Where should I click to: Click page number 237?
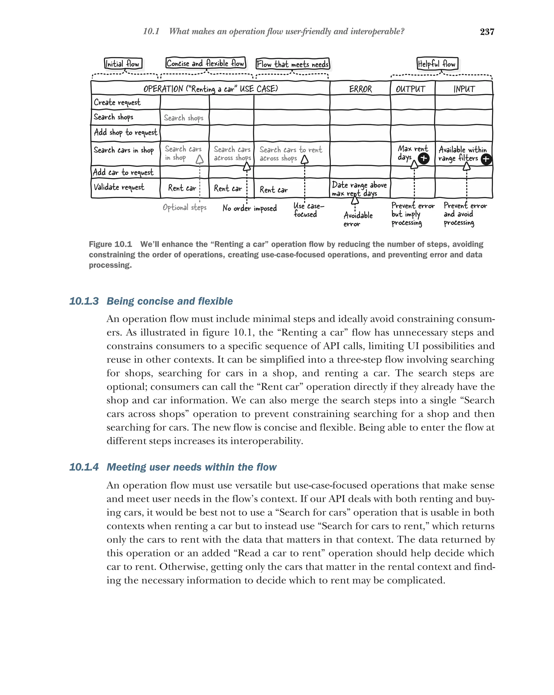pos(487,32)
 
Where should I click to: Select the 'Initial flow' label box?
pos(123,64)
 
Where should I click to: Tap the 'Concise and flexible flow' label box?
pos(205,63)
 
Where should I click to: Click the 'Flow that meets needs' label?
pos(293,64)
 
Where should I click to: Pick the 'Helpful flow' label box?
pos(437,64)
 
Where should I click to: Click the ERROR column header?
pos(360,89)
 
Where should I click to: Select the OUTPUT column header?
pos(410,89)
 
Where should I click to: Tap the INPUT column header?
pos(464,89)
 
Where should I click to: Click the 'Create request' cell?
pos(117,103)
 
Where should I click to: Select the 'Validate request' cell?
pos(119,187)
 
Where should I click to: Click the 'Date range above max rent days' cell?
pos(359,189)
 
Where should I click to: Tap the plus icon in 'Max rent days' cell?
pos(423,158)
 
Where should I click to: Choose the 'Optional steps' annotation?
pos(184,207)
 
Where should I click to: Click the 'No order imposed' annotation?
pos(249,208)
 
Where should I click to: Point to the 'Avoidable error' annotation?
pos(358,219)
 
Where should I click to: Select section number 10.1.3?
pos(84,301)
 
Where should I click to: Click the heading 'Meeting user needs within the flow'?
pos(192,467)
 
